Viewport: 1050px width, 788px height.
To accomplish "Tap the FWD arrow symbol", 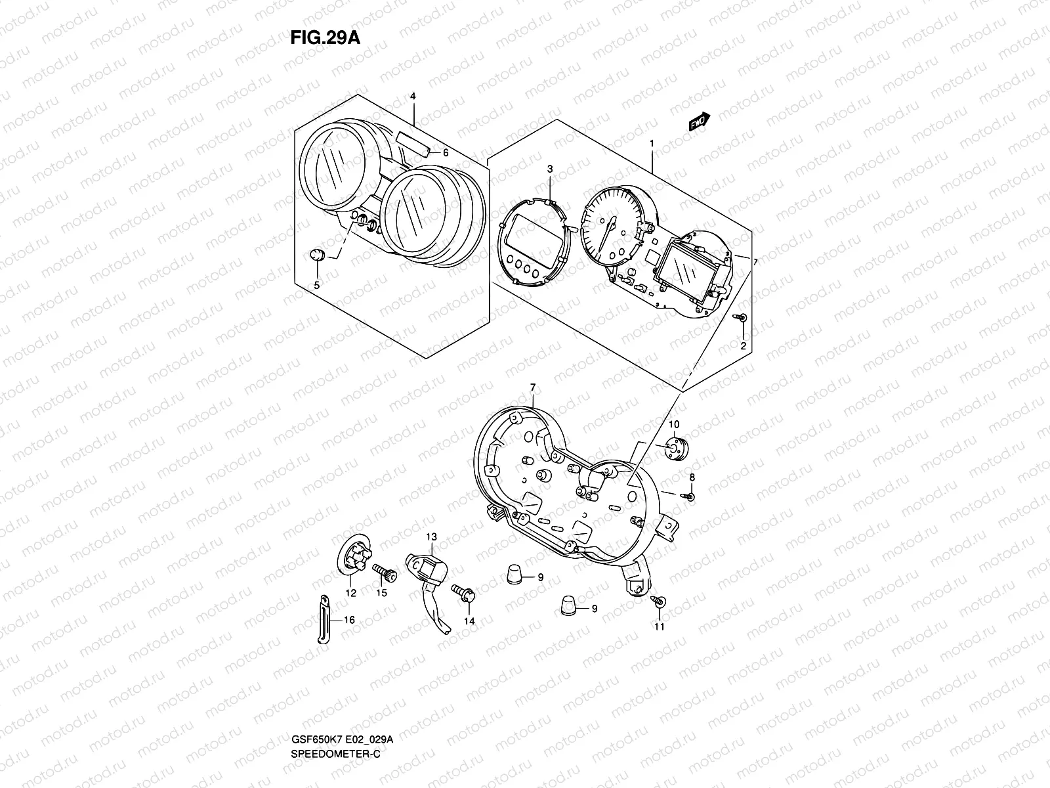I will point(700,122).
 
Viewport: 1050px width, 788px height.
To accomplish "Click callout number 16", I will point(348,619).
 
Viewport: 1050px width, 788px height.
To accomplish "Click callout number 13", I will point(431,537).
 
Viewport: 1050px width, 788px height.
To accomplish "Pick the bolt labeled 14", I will point(467,595).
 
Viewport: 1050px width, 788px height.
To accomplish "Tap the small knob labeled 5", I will point(316,255).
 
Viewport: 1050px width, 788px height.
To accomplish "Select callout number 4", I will point(413,97).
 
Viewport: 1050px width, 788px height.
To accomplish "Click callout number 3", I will point(550,169).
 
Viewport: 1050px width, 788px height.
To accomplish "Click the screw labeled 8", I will point(690,496).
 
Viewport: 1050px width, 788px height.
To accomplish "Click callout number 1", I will point(652,142).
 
